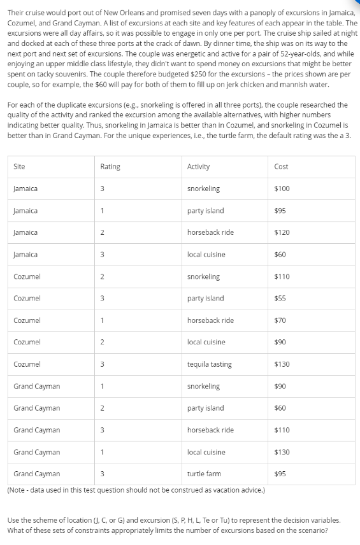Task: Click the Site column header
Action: pyautogui.click(x=19, y=167)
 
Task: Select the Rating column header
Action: pyautogui.click(x=110, y=167)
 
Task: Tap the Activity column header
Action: pyautogui.click(x=199, y=167)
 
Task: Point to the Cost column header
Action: pyautogui.click(x=281, y=167)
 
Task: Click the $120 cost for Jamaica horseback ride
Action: pyautogui.click(x=282, y=232)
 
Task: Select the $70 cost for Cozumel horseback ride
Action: pyautogui.click(x=280, y=320)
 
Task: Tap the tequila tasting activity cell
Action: pyautogui.click(x=209, y=365)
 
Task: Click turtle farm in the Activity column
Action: pyautogui.click(x=204, y=474)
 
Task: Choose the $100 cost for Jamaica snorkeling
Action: pyautogui.click(x=282, y=189)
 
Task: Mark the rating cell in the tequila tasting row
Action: pyautogui.click(x=103, y=365)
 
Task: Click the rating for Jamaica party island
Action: pyautogui.click(x=103, y=211)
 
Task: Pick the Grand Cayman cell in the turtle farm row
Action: pyautogui.click(x=37, y=474)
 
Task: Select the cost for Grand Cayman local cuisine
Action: pyautogui.click(x=282, y=452)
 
